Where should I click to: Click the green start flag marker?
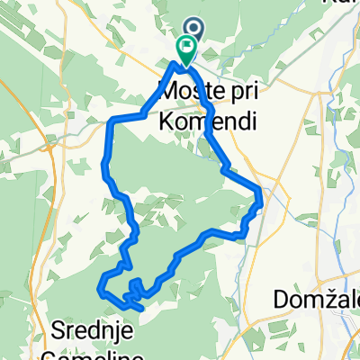tap(187, 51)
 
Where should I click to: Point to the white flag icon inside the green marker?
tap(187, 48)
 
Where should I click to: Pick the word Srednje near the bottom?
tap(91, 330)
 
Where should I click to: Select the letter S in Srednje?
tap(56, 330)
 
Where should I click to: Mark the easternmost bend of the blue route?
tap(261, 193)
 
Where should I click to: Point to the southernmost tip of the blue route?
tap(140, 309)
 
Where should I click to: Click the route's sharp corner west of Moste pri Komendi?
tap(111, 120)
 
